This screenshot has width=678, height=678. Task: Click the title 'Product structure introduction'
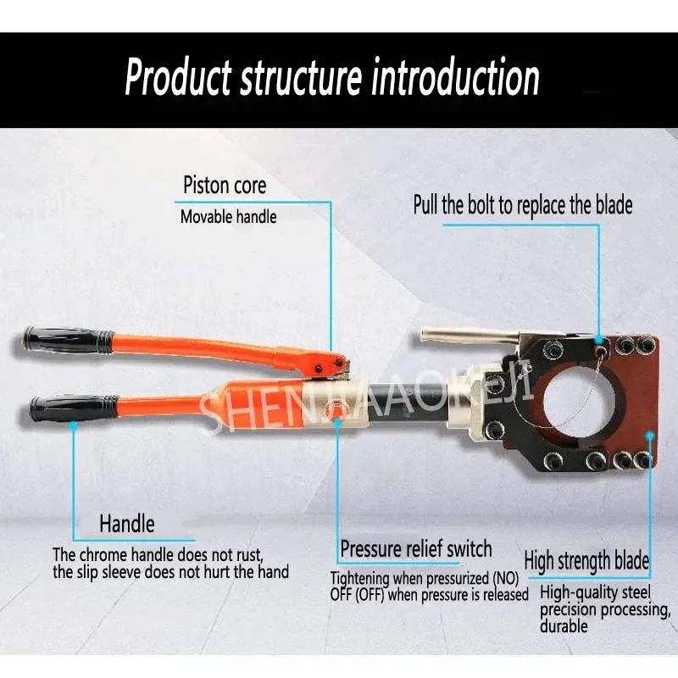[x=332, y=78]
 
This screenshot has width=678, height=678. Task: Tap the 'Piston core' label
[x=225, y=186]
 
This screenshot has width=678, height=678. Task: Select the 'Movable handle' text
[x=228, y=217]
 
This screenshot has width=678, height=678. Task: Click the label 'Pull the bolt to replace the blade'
[x=523, y=204]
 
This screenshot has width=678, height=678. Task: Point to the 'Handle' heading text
[x=127, y=523]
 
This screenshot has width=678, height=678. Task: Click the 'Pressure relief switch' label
[x=416, y=548]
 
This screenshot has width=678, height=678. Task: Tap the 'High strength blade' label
[x=586, y=560]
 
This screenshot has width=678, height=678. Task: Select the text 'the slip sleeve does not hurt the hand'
[x=170, y=572]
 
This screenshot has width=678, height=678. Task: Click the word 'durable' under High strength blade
[x=563, y=626]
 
